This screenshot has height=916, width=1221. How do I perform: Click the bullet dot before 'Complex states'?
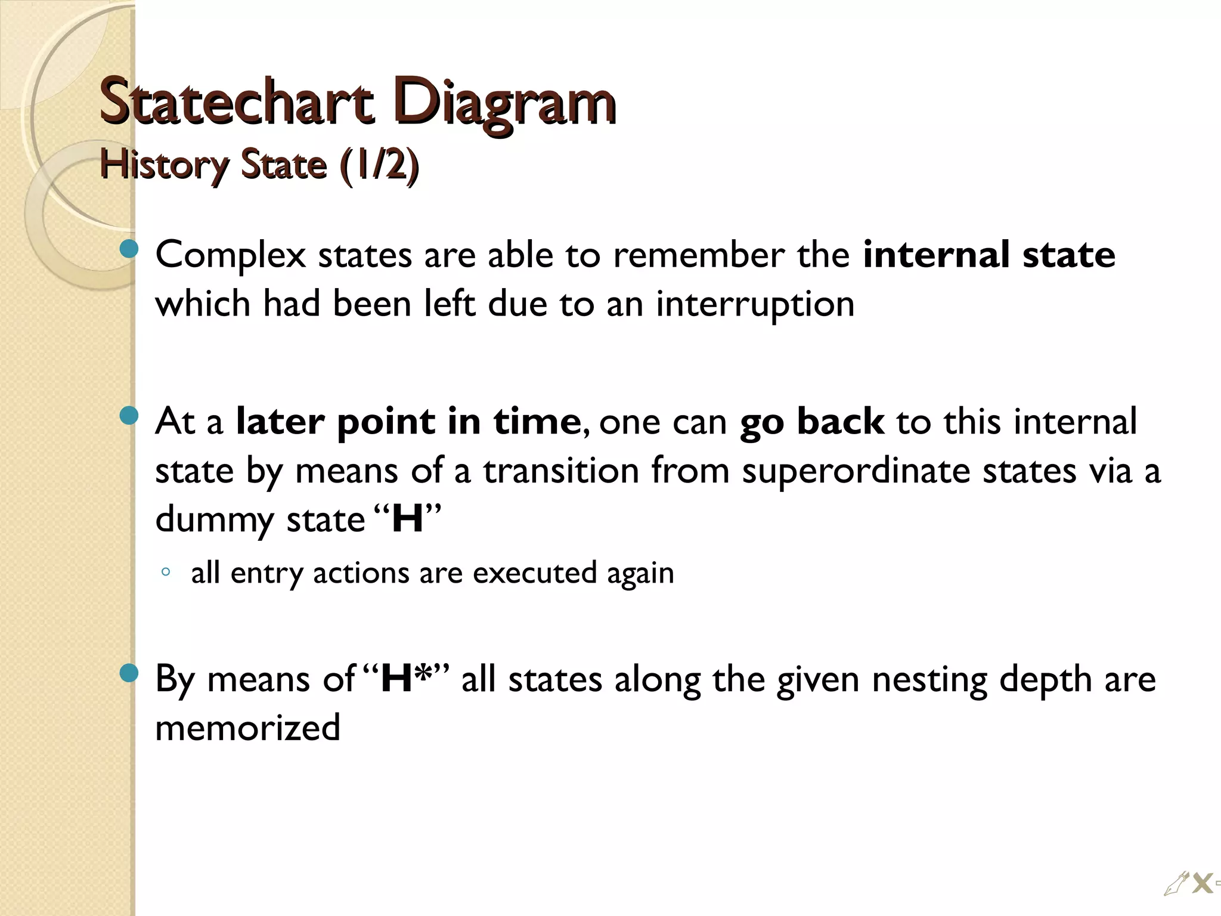[x=129, y=250]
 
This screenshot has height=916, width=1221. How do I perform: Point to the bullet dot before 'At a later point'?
[x=129, y=416]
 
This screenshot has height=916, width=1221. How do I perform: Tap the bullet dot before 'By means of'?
[x=129, y=674]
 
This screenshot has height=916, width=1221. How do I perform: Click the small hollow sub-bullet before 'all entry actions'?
[x=166, y=572]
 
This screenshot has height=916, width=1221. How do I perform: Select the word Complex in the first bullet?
[x=230, y=255]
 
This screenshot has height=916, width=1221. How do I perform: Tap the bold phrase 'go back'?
[x=811, y=422]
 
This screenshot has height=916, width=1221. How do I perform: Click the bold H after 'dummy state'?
[x=408, y=519]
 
